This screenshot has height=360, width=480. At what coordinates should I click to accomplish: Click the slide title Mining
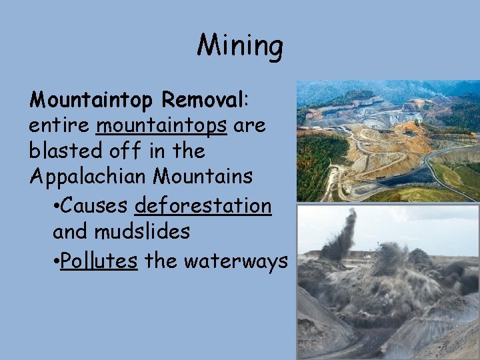[240, 46]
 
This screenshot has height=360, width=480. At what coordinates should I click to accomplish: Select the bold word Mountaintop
[91, 100]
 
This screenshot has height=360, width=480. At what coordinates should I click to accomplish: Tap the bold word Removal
[204, 100]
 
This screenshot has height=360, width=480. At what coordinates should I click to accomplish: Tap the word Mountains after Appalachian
[203, 177]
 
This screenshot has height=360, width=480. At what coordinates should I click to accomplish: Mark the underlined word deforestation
[203, 206]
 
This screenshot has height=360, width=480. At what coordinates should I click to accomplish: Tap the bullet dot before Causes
[55, 207]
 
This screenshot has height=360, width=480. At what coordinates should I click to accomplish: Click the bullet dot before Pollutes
[55, 261]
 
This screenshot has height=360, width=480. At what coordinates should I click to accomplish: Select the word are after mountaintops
[249, 125]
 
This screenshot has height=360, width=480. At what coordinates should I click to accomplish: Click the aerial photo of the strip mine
[387, 141]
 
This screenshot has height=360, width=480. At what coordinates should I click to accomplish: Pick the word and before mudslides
[71, 232]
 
